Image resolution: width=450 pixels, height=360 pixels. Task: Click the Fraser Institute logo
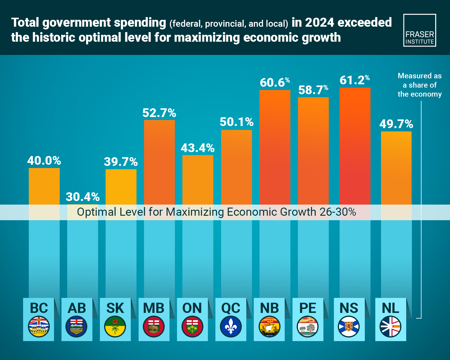click(x=419, y=30)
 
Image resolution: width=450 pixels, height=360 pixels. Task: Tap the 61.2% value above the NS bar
click(x=355, y=80)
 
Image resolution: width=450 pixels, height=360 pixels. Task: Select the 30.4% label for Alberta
click(x=82, y=197)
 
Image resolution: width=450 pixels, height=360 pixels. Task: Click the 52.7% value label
click(x=159, y=113)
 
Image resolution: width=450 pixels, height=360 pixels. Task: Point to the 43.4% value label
click(x=198, y=148)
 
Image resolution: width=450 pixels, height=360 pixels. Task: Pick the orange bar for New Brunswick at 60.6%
click(x=275, y=147)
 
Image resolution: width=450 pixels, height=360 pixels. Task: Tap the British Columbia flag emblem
click(x=39, y=327)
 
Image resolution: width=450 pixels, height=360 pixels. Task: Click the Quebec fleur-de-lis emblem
click(x=231, y=327)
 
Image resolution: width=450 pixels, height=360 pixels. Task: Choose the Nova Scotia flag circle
click(x=349, y=327)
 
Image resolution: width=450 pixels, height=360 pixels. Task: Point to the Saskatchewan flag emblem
click(x=115, y=327)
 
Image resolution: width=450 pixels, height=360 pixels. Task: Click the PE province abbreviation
click(x=308, y=308)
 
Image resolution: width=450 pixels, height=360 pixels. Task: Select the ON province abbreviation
click(x=192, y=308)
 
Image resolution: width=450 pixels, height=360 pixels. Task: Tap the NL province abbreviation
click(x=391, y=308)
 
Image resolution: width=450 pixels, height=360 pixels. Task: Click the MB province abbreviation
click(x=154, y=308)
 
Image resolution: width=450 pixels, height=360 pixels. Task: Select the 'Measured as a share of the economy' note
click(x=419, y=85)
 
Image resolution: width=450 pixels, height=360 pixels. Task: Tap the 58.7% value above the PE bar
click(x=313, y=90)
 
